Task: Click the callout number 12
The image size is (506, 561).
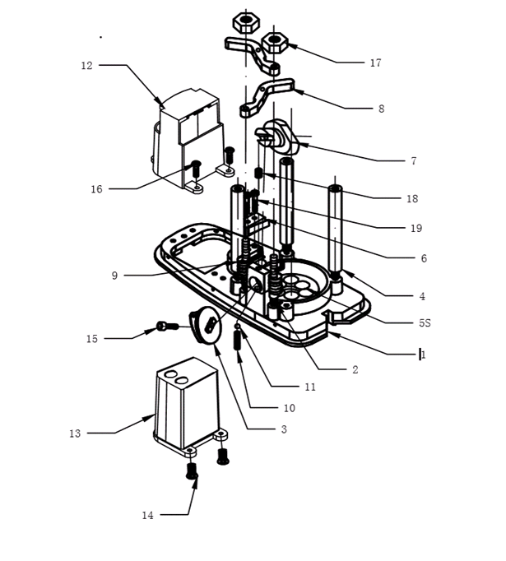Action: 86,65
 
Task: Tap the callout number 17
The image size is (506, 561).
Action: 375,63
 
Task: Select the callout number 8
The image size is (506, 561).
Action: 381,109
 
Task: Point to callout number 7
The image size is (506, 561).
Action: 414,161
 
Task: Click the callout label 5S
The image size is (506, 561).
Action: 424,322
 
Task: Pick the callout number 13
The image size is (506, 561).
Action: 75,433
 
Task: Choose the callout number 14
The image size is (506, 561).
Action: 147,516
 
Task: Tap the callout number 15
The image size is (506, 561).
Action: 92,338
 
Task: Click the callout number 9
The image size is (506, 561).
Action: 115,276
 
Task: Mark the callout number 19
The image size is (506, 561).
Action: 416,228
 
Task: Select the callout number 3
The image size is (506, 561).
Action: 283,429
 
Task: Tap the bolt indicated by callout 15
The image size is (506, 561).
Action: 165,327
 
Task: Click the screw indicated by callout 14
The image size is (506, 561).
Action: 193,471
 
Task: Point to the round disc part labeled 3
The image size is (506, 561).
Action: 204,323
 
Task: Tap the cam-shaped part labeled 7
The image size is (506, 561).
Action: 281,136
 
